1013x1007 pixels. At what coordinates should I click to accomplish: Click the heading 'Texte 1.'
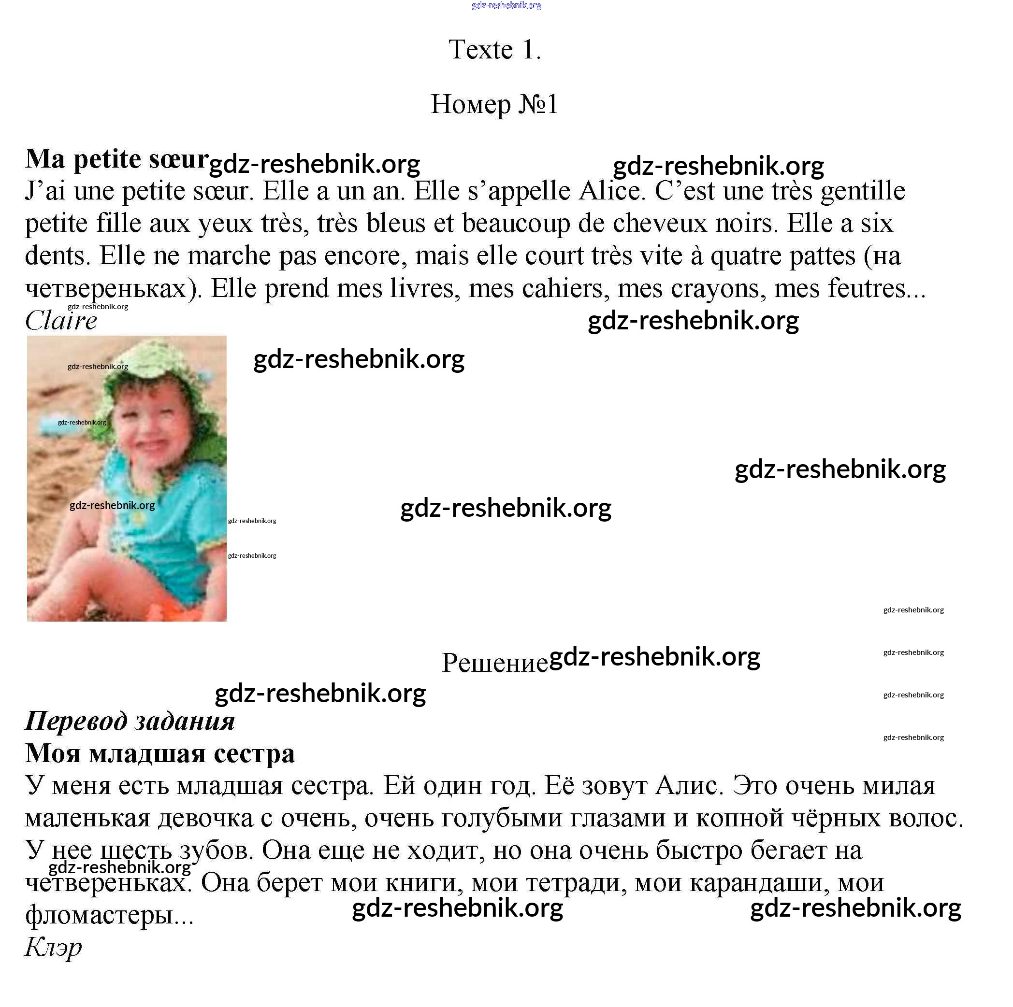tap(494, 50)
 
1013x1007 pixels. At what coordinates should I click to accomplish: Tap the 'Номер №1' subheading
tap(494, 104)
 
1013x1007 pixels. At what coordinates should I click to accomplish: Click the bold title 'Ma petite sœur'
tap(116, 159)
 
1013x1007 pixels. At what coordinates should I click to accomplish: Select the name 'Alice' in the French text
tap(611, 191)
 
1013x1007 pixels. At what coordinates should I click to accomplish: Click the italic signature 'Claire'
tap(61, 321)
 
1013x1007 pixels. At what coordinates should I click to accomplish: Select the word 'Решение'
tap(494, 663)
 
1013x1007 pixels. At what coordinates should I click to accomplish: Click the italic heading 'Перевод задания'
tap(130, 721)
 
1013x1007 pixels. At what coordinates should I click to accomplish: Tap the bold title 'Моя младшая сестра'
tap(160, 754)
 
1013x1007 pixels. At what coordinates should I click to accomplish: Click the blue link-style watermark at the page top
tap(506, 6)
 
